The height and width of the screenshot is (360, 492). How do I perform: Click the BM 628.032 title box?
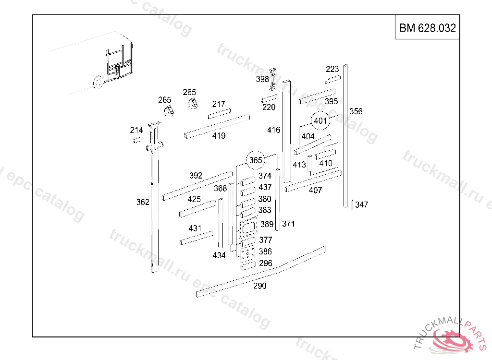tap(427, 28)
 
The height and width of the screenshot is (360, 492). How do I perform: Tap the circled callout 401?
tap(320, 120)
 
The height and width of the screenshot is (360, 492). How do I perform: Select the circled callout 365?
tap(256, 160)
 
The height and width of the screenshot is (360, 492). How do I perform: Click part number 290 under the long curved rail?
tap(259, 286)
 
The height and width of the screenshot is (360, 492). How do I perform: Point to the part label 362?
tap(143, 202)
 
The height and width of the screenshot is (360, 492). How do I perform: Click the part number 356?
tap(356, 111)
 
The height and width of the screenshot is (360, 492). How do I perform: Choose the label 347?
tap(361, 205)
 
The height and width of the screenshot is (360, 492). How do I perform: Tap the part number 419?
tap(219, 136)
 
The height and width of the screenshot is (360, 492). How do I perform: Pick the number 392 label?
tap(196, 176)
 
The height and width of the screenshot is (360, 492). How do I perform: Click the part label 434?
tap(219, 255)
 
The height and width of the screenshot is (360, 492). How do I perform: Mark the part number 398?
tap(262, 79)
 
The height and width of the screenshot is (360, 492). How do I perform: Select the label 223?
tap(332, 69)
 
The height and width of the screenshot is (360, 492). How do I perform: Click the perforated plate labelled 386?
tap(247, 253)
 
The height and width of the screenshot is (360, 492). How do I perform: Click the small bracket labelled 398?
tap(273, 79)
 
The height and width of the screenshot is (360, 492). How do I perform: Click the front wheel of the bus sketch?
tap(98, 82)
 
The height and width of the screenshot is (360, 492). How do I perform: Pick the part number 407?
tap(315, 190)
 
